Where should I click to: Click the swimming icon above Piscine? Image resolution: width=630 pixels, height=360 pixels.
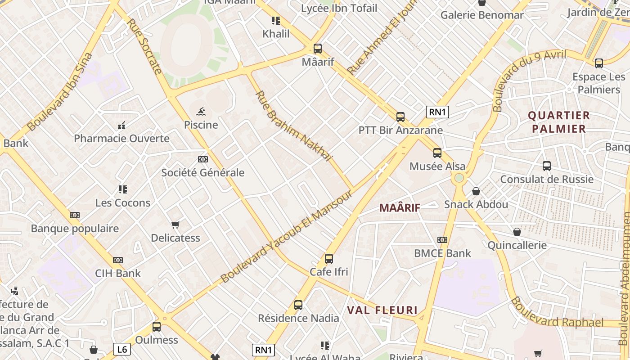[x=201, y=111]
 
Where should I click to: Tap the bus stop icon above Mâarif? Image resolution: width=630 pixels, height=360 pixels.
[x=318, y=49]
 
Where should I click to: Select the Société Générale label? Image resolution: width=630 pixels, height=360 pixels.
[x=203, y=172]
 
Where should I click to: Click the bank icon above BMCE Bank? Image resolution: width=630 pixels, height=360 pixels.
[x=442, y=240]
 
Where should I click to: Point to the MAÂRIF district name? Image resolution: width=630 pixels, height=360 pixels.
[x=400, y=207]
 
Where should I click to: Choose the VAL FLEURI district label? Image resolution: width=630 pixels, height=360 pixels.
[x=382, y=310]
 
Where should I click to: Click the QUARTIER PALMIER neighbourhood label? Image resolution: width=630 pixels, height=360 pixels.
[x=559, y=122]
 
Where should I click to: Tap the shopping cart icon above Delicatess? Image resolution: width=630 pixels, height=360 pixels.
[x=175, y=224]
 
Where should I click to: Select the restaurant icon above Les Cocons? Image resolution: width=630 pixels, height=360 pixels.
[x=123, y=189]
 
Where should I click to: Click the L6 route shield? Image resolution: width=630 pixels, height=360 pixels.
[x=121, y=349]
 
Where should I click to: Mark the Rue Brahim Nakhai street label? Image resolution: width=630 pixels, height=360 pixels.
[x=293, y=126]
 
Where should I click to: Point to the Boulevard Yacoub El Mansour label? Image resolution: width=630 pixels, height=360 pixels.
[x=286, y=236]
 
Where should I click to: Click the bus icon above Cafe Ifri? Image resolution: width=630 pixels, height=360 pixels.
[x=329, y=259]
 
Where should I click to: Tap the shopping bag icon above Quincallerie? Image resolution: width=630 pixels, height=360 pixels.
[x=517, y=232]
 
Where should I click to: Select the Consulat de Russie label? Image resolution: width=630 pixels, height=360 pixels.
[x=547, y=179]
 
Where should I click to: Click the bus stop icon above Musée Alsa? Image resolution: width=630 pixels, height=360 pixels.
[x=437, y=153]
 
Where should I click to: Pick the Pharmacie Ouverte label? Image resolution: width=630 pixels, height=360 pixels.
[x=121, y=138]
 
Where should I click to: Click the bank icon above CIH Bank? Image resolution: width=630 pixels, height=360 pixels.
[x=118, y=260]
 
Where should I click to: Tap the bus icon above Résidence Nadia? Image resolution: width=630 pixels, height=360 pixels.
[x=298, y=305]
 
